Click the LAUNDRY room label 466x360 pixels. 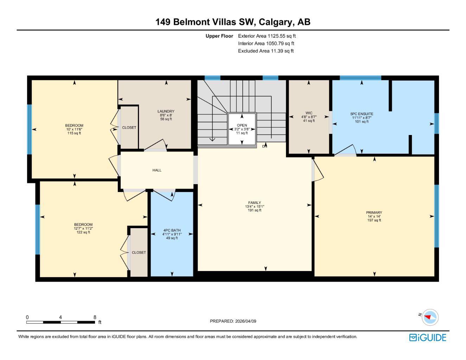[166, 111]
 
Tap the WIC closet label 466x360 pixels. [309, 113]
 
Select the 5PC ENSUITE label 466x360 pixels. [362, 114]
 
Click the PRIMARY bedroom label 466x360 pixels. [374, 213]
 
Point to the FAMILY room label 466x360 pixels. [254, 203]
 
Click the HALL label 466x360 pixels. [157, 170]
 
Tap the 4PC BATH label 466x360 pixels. [172, 231]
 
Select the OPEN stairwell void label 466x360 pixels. [242, 126]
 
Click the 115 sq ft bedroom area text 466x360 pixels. [74, 133]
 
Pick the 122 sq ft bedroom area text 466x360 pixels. [83, 232]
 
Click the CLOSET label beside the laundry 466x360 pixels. [129, 128]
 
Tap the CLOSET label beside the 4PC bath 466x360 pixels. [139, 252]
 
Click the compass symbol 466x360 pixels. [429, 317]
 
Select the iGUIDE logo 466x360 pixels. [428, 337]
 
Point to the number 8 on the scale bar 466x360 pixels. [95, 317]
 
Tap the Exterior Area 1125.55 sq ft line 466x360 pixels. [267, 36]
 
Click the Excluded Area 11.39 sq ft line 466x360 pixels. [266, 51]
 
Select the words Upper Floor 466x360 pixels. [219, 36]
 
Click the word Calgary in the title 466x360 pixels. [276, 22]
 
